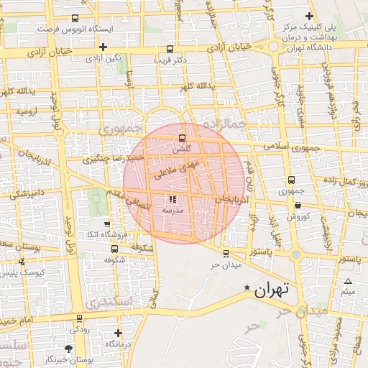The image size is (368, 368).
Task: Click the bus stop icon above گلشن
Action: [181, 138]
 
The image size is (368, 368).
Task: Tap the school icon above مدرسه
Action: [172, 199]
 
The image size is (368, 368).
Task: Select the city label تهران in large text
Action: [271, 290]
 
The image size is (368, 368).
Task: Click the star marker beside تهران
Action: [247, 288]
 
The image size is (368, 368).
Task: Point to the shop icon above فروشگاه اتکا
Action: [107, 224]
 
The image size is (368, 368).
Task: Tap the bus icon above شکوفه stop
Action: [115, 249]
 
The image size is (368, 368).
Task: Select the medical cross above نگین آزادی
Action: [103, 47]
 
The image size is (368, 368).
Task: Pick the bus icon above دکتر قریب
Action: [170, 50]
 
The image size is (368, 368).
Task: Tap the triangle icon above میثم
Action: [348, 282]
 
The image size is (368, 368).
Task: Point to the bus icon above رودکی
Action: [78, 318]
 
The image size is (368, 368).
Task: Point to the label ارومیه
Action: [28, 113]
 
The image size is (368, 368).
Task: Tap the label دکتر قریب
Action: [170, 60]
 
